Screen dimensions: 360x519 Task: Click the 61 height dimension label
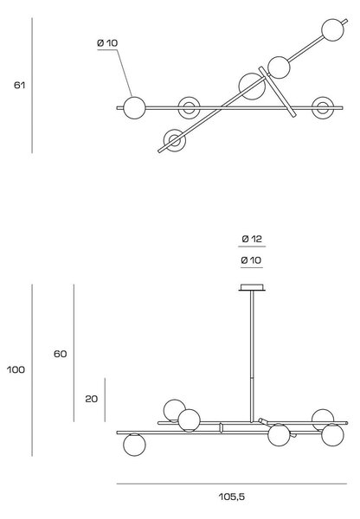pyautogui.click(x=19, y=86)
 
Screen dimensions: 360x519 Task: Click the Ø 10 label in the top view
pyautogui.click(x=107, y=43)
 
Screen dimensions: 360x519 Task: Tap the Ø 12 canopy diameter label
pyautogui.click(x=252, y=239)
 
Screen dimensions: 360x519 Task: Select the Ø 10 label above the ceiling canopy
pyautogui.click(x=251, y=260)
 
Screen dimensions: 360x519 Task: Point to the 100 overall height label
pyautogui.click(x=16, y=369)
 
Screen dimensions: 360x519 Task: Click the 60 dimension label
pyautogui.click(x=61, y=354)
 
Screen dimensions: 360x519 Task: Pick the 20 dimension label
pyautogui.click(x=92, y=399)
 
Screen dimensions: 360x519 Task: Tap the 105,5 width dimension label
pyautogui.click(x=232, y=497)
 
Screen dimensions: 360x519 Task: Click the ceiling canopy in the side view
pyautogui.click(x=252, y=287)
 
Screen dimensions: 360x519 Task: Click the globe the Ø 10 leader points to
pyautogui.click(x=134, y=107)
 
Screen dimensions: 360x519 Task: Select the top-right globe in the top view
pyautogui.click(x=332, y=29)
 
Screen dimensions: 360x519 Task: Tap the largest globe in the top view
pyautogui.click(x=252, y=86)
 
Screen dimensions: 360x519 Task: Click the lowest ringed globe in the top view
pyautogui.click(x=175, y=140)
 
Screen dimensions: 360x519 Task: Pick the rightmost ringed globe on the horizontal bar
pyautogui.click(x=323, y=107)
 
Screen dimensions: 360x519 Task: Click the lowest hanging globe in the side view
pyautogui.click(x=134, y=445)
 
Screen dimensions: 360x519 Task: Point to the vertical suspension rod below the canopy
pyautogui.click(x=252, y=356)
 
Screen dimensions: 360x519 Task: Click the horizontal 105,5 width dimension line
pyautogui.click(x=232, y=484)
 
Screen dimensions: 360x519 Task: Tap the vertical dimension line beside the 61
pyautogui.click(x=32, y=86)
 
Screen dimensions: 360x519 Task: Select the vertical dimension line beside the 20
pyautogui.click(x=105, y=400)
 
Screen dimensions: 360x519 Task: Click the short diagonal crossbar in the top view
pyautogui.click(x=277, y=92)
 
